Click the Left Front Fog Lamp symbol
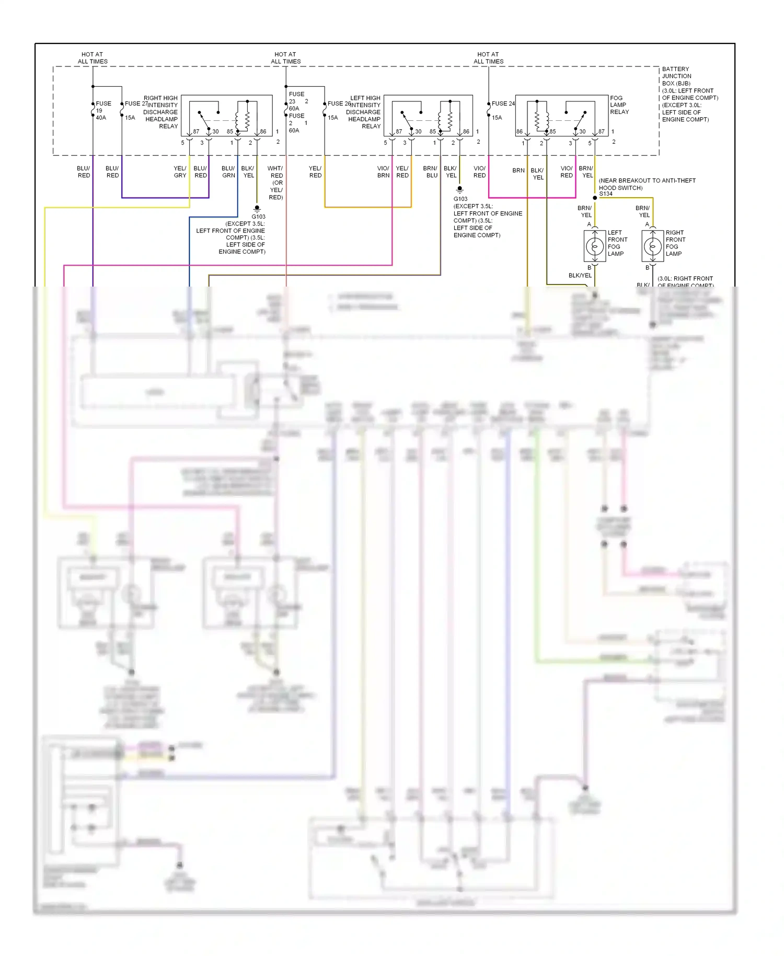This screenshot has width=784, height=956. point(594,245)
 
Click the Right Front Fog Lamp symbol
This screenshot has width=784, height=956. point(652,245)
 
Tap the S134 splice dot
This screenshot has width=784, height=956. point(595,198)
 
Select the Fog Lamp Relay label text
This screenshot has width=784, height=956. point(619,105)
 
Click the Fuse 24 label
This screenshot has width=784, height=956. point(503,104)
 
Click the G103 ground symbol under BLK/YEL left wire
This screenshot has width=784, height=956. point(257,208)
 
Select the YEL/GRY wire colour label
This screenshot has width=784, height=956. point(180,172)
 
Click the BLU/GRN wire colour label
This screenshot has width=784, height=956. point(228,172)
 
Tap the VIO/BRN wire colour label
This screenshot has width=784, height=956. point(383,172)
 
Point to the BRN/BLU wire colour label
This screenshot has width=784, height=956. point(431,172)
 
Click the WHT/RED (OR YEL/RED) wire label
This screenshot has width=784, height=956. point(275,183)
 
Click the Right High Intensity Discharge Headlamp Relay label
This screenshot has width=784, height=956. point(160,112)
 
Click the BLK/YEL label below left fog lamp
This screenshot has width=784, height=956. point(580,275)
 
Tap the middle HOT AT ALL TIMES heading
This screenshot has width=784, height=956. point(285,58)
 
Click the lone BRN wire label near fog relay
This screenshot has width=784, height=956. point(518,170)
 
